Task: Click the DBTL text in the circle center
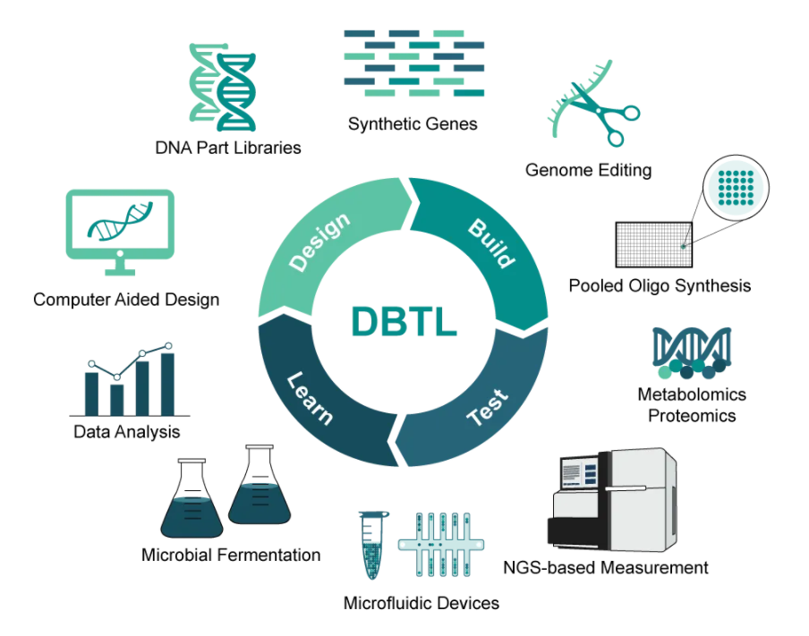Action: (404, 320)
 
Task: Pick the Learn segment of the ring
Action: (310, 397)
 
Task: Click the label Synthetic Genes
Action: (413, 124)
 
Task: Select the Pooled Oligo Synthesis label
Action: (660, 286)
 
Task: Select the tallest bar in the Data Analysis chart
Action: (167, 384)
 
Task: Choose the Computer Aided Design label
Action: (126, 300)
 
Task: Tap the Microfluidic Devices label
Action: (422, 603)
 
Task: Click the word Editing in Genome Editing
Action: (624, 170)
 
